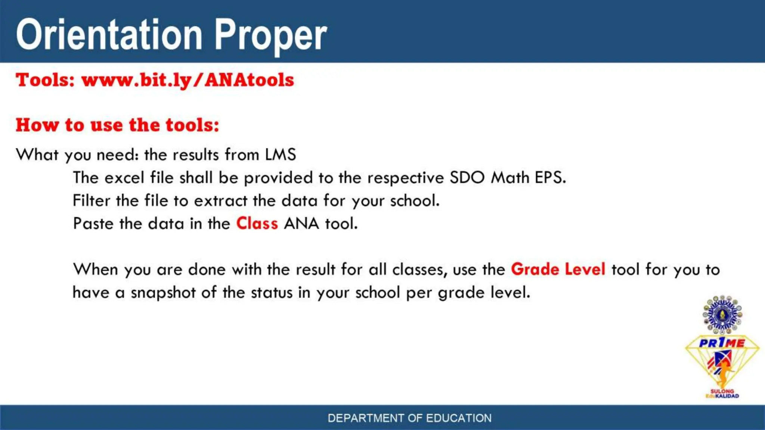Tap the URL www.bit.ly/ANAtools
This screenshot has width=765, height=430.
tap(188, 80)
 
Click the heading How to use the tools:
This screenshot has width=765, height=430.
tap(117, 125)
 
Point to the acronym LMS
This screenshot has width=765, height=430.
tap(281, 155)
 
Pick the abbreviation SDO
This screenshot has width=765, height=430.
tap(467, 178)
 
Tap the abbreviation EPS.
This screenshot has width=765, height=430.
tap(550, 178)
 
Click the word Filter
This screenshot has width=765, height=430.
tap(92, 201)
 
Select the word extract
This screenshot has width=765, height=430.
tap(221, 201)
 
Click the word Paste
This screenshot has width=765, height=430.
tap(93, 224)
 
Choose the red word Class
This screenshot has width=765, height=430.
tap(257, 224)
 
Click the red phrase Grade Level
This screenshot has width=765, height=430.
tap(558, 269)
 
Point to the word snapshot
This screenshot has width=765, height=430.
tap(163, 293)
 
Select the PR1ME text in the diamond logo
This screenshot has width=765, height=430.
tap(722, 343)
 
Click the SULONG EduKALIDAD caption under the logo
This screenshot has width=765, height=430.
tap(722, 394)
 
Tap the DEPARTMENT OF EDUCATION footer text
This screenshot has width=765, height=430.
tap(409, 418)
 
